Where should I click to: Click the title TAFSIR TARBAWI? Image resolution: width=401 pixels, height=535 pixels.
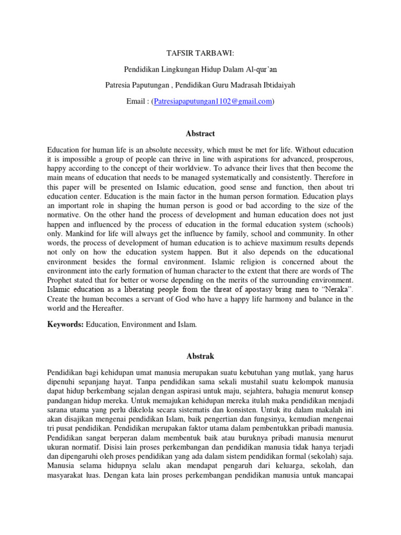tap(200, 53)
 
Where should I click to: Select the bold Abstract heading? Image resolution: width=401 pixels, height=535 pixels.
tap(200, 134)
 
